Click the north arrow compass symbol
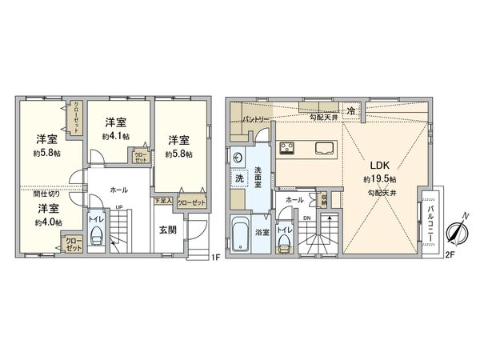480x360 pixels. pyautogui.click(x=456, y=232)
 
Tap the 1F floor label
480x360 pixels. pyautogui.click(x=214, y=257)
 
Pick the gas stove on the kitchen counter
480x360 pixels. pyautogui.click(x=287, y=148)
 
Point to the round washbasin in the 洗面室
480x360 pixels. pyautogui.click(x=239, y=156)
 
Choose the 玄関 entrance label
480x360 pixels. pyautogui.click(x=168, y=231)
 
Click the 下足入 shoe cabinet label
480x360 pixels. pyautogui.click(x=163, y=202)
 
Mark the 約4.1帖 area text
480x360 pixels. pyautogui.click(x=116, y=137)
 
